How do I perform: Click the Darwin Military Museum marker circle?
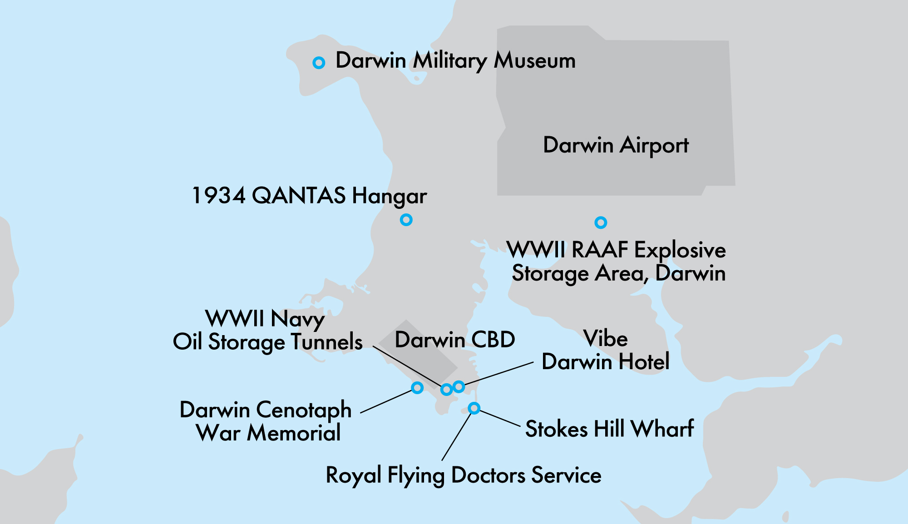[x=319, y=63]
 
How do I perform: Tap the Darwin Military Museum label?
[x=455, y=61]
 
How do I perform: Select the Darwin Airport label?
[x=616, y=145]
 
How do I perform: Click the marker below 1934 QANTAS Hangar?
[x=406, y=220]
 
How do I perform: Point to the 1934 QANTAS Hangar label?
[x=309, y=196]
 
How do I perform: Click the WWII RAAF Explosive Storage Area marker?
[x=601, y=222]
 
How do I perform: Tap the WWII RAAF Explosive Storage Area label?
[x=617, y=262]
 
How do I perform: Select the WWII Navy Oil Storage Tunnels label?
[x=267, y=331]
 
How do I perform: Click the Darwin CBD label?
[x=455, y=340]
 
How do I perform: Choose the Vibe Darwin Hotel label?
[x=606, y=351]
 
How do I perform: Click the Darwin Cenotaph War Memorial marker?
[x=417, y=388]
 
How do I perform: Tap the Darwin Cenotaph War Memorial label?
[x=266, y=421]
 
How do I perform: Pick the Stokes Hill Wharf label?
[x=609, y=429]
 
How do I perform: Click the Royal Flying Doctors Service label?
[x=464, y=475]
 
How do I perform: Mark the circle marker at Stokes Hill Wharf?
[x=474, y=408]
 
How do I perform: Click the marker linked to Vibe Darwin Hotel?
[x=459, y=386]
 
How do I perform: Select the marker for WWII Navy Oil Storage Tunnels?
[x=446, y=389]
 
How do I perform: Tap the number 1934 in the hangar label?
[x=219, y=196]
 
